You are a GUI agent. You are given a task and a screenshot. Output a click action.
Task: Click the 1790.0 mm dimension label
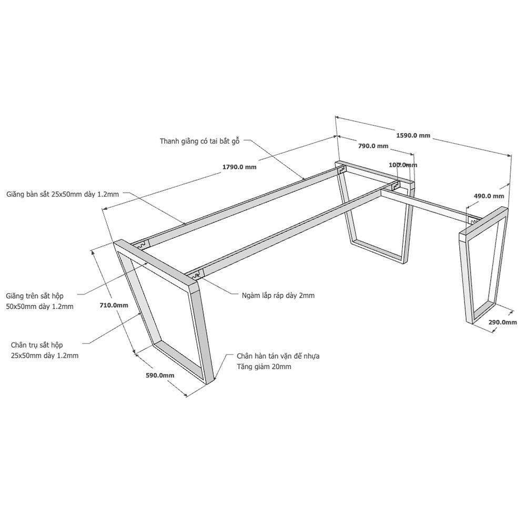pos(239,167)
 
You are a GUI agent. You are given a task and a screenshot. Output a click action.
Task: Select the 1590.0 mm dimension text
pos(413,136)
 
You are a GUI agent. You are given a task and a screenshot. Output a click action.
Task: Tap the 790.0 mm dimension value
pos(373,146)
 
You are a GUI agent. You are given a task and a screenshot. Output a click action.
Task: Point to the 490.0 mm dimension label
pos(489,196)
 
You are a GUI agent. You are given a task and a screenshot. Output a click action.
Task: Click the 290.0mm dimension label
pos(502,322)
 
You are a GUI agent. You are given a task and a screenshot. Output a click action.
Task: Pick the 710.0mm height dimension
pos(114,305)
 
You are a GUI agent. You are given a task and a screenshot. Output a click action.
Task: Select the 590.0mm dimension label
pos(160,376)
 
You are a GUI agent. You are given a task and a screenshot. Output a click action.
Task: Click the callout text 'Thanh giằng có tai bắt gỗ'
pos(199,141)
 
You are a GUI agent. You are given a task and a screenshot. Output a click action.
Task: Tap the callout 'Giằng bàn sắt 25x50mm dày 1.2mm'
pos(63,194)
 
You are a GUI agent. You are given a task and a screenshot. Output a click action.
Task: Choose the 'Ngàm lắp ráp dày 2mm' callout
pos(278,296)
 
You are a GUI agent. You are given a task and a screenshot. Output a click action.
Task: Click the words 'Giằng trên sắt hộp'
pos(35,296)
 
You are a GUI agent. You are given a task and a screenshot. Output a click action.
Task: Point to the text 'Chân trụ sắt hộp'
pos(37,345)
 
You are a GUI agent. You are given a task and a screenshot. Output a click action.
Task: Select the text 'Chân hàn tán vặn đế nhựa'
pos(278,356)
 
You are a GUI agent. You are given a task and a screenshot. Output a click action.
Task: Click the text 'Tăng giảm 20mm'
pos(264,367)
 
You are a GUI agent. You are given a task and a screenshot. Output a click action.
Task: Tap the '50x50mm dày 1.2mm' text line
pos(39,307)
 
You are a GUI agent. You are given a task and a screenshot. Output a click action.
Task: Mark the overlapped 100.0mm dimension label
pos(403,165)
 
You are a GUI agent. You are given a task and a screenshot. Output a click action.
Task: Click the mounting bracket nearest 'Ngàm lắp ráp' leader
pos(196,275)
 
